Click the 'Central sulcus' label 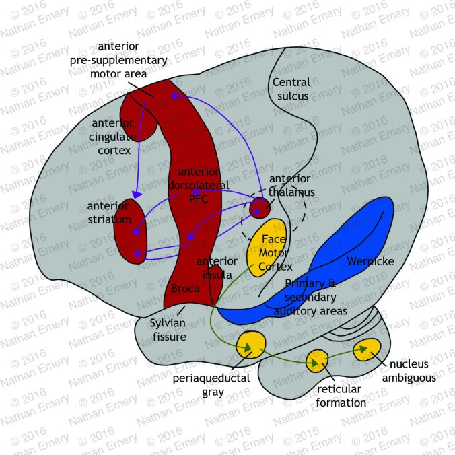coord(291,89)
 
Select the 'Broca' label coord(184,290)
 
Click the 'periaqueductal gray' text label coord(211,384)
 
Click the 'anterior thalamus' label coord(289,186)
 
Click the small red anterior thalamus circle coord(259,208)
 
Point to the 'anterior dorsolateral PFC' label coord(199,184)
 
